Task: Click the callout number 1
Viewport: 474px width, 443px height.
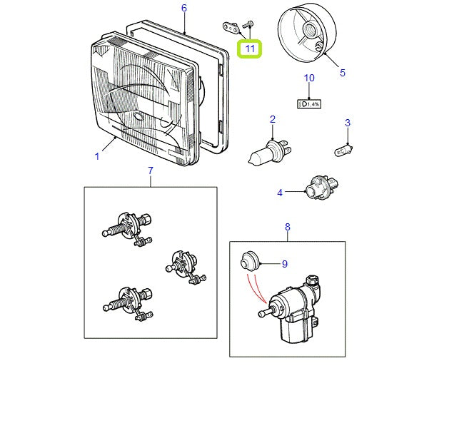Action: tap(97, 156)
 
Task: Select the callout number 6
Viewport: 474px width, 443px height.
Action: tap(183, 9)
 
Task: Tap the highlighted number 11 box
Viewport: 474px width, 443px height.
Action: tap(250, 49)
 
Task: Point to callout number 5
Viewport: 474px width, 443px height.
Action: tap(342, 73)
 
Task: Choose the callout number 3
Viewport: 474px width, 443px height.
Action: tap(348, 123)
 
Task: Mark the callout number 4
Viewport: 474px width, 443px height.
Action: tap(280, 192)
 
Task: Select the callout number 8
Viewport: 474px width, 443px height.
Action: tap(288, 227)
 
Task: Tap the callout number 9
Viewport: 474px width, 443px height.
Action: tap(284, 264)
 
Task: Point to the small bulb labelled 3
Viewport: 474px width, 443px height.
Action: tap(346, 149)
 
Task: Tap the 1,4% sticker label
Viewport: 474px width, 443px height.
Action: tap(308, 103)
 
